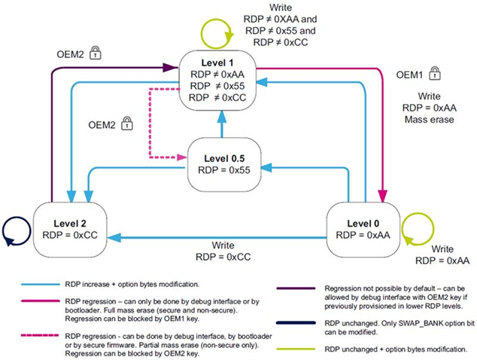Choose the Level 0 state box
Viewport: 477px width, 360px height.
(x=363, y=228)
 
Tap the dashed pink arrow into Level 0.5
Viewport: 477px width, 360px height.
(x=180, y=157)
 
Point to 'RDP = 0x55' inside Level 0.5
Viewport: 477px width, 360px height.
(x=223, y=169)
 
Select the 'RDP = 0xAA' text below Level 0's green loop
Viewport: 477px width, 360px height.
(x=444, y=261)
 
